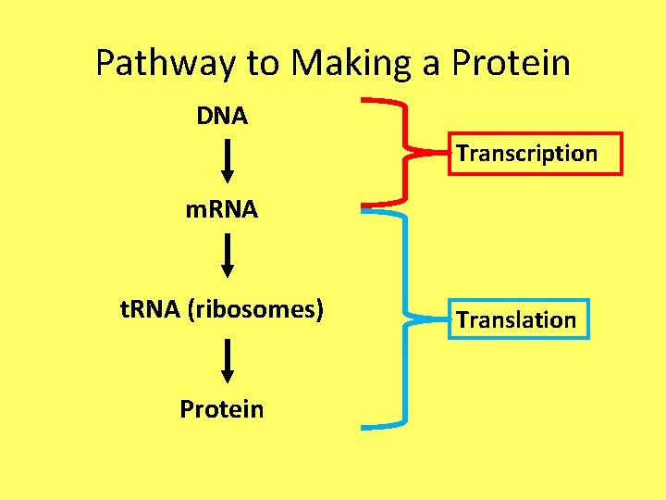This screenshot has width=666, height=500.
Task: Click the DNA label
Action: (x=222, y=117)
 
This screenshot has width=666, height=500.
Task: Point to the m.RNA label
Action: (x=221, y=210)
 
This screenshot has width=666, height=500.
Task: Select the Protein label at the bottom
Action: (x=222, y=409)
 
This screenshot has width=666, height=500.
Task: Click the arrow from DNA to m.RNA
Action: (x=228, y=162)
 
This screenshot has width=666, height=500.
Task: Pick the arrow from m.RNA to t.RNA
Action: (x=228, y=256)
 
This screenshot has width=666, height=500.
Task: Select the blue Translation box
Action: (x=518, y=320)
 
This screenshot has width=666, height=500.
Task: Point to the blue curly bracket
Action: (x=403, y=319)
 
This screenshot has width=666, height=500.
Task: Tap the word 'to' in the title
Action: (x=264, y=64)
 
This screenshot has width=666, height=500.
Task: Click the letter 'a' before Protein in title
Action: (x=431, y=65)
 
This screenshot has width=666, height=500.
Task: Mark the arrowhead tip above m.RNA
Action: (x=228, y=182)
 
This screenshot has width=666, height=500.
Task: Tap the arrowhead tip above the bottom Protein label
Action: (x=228, y=381)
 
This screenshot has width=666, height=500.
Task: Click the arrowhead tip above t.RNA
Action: (x=228, y=277)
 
